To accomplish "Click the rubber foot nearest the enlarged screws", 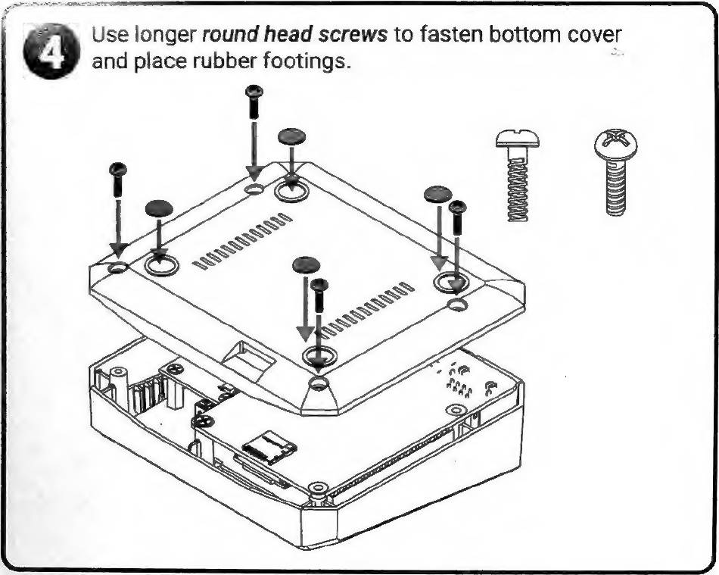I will pos(437,194).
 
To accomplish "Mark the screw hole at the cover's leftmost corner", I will pos(117,267).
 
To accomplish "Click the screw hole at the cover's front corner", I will pos(319,383).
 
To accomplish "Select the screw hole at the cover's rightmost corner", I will pos(456,305).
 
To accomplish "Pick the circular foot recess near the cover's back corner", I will pos(290,189).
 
